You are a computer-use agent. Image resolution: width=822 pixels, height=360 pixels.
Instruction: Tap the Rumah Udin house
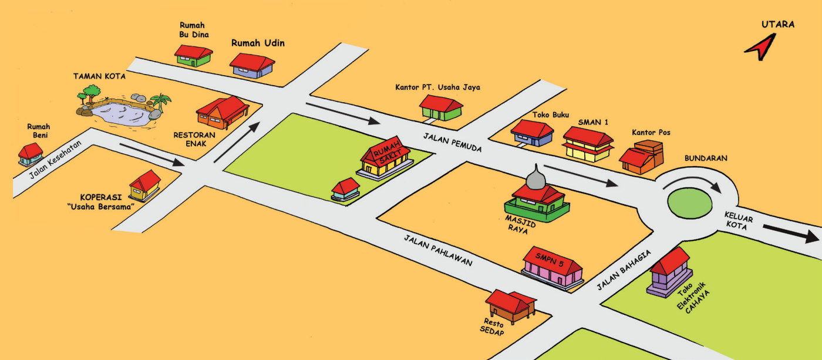(x=252, y=66)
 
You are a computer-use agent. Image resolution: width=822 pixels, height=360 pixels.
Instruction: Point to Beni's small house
(x=31, y=154)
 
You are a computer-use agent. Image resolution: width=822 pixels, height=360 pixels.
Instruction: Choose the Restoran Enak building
(x=222, y=112)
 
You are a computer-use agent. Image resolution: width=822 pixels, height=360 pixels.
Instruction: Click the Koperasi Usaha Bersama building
(x=144, y=186)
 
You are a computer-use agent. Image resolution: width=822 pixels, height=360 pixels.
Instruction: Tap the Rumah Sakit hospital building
(x=385, y=159)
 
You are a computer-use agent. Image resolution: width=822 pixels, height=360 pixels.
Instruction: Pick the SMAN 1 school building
(x=588, y=144)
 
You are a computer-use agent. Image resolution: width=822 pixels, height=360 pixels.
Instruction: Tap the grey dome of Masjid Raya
(x=535, y=177)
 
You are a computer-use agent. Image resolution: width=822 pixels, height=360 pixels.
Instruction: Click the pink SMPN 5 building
(x=553, y=267)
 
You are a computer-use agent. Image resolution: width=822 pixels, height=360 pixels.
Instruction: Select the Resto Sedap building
(x=510, y=307)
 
